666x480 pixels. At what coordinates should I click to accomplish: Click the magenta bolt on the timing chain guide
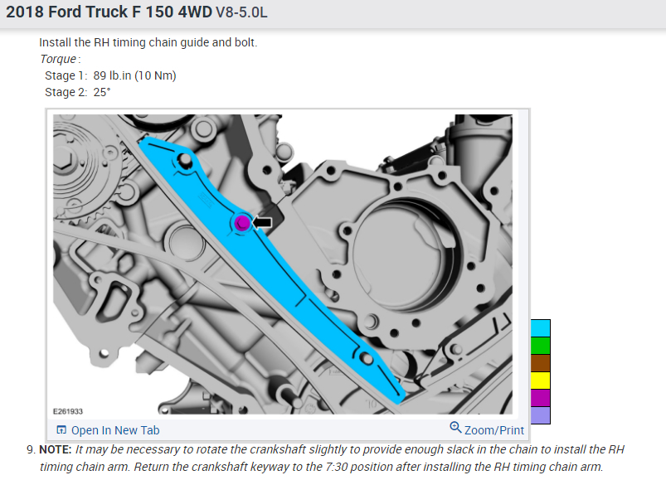242,223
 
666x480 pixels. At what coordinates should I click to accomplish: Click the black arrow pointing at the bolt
262,222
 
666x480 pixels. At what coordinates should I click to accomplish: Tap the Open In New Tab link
108,430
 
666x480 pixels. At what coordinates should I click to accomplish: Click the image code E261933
68,411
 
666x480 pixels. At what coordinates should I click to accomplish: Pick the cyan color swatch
540,328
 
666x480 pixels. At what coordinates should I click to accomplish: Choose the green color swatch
540,346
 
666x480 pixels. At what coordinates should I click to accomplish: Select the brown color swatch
540,363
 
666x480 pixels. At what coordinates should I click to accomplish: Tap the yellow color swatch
540,381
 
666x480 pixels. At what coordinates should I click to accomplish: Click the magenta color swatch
540,398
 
